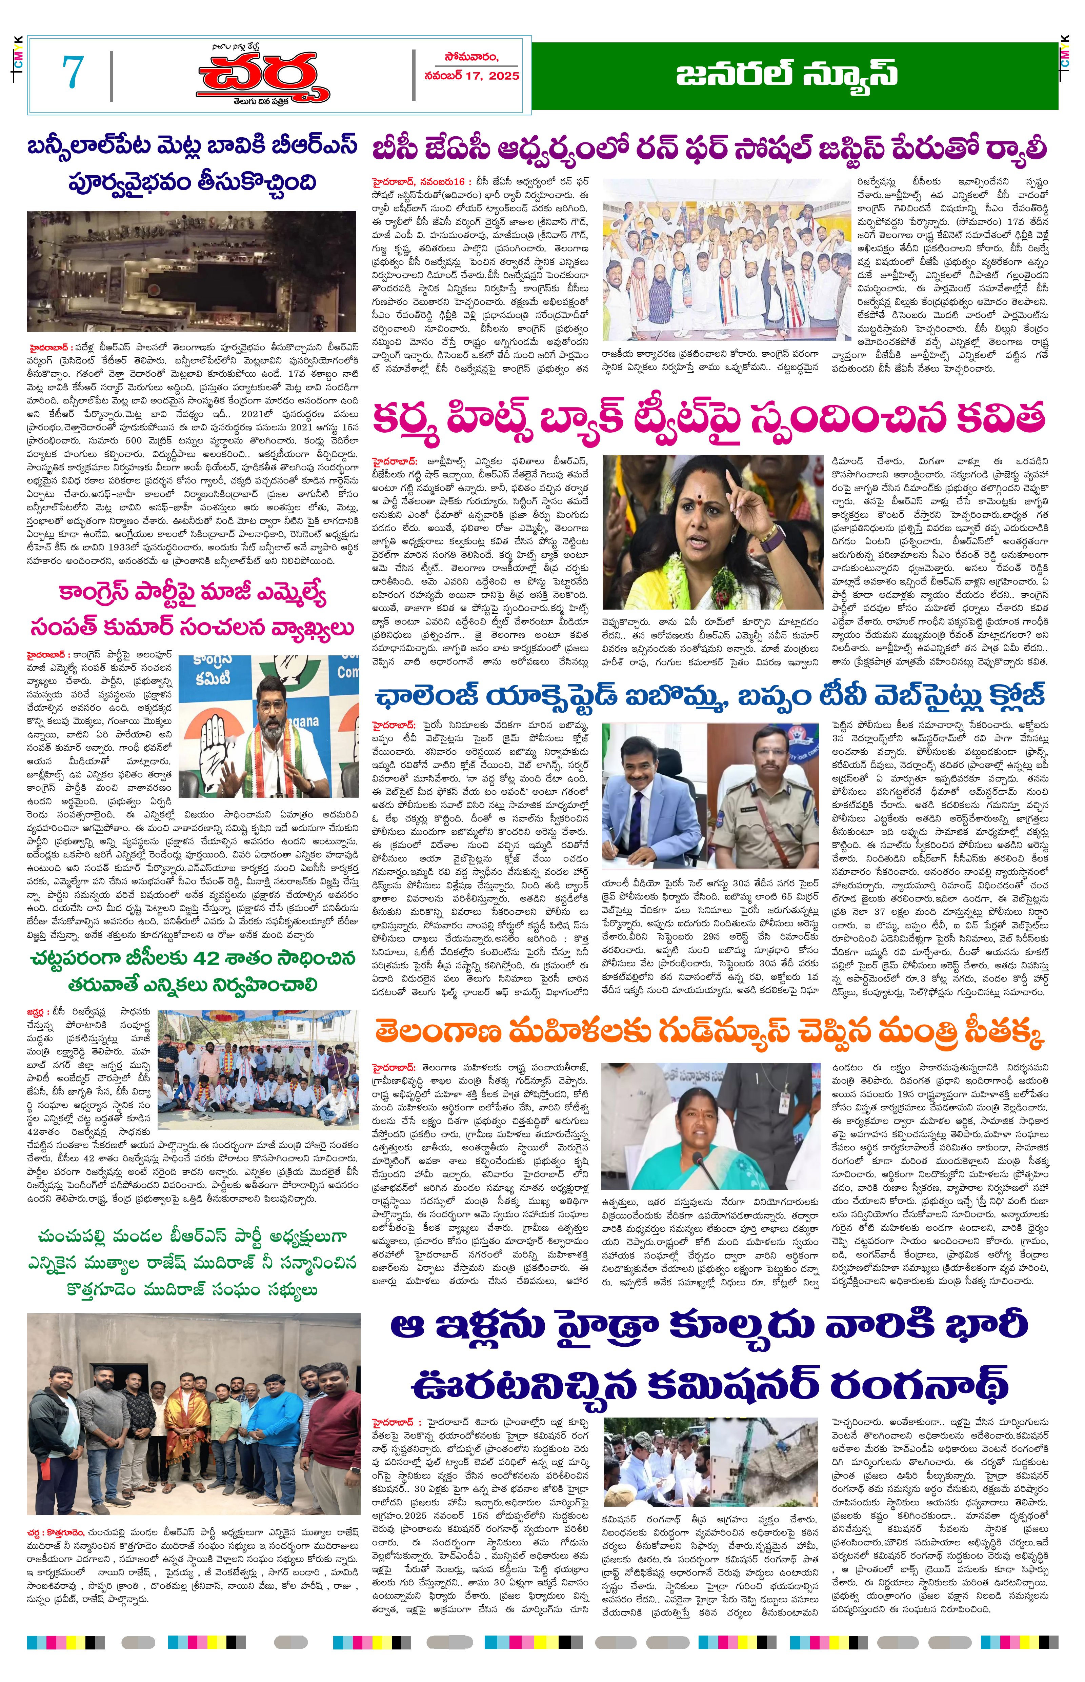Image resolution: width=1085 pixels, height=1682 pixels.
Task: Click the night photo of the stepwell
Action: (192, 271)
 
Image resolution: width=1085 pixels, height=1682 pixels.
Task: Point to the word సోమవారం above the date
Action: (472, 57)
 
